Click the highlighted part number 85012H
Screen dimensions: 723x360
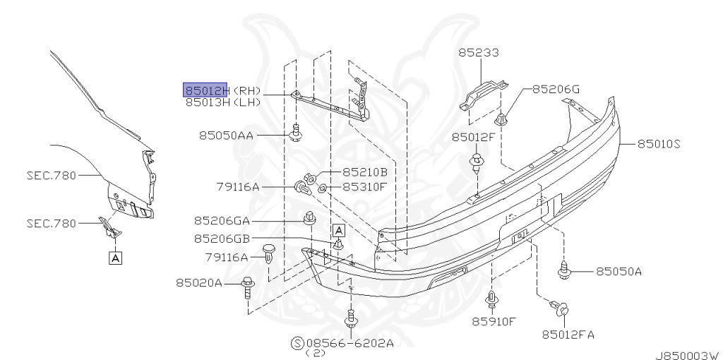point(205,90)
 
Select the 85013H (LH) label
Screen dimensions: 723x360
point(223,102)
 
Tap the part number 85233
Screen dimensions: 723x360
point(479,52)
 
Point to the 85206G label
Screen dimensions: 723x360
point(556,89)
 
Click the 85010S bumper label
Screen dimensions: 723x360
point(659,144)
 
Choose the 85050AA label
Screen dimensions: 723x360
point(226,136)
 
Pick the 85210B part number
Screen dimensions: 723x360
point(365,172)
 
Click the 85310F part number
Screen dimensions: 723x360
point(364,186)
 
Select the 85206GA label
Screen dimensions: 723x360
point(222,221)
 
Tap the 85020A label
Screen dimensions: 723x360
point(198,282)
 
